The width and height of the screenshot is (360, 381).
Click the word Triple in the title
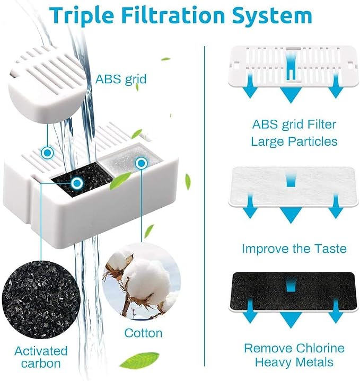click(82, 15)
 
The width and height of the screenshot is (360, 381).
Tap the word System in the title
click(272, 16)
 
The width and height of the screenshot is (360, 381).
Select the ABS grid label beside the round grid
click(121, 79)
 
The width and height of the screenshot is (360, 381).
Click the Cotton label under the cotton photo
click(143, 333)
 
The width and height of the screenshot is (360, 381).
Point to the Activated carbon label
click(41, 357)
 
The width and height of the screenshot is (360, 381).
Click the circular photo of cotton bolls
click(142, 281)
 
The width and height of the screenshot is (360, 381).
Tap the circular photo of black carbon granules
click(41, 299)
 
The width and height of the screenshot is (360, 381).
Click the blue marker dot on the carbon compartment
click(77, 183)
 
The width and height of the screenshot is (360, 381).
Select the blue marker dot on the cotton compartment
click(141, 163)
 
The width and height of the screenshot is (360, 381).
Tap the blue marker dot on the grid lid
click(47, 153)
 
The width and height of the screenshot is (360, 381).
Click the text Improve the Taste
click(294, 249)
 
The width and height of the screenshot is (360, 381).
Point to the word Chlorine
click(320, 348)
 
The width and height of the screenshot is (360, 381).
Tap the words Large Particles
click(294, 141)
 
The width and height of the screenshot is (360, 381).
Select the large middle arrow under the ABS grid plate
click(291, 95)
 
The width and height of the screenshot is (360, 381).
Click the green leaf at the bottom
click(139, 360)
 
